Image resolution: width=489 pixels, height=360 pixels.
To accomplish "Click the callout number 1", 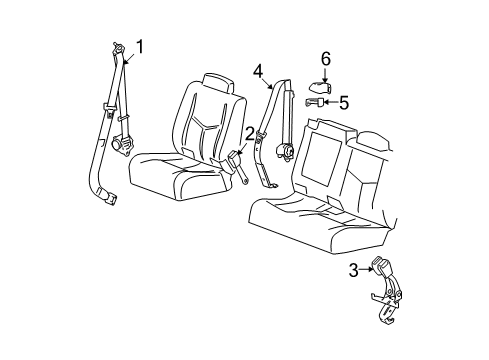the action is (142, 47).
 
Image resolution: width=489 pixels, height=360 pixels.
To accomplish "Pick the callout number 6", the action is (325, 60).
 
